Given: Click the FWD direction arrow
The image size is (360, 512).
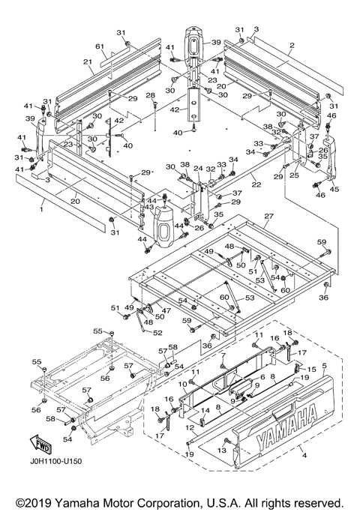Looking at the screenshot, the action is tap(40, 445).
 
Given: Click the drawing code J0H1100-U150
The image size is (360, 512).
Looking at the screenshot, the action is tap(55, 461).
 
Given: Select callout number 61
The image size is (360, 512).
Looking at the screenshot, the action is tap(100, 47).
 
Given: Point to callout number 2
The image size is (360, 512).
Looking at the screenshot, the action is tap(292, 46).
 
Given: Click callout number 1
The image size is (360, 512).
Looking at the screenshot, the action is tap(41, 209).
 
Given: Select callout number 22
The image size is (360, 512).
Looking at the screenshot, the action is tap(256, 185).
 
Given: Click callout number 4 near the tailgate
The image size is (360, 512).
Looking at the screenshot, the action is tap(304, 456).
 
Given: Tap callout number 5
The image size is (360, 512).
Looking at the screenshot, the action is tap(324, 365).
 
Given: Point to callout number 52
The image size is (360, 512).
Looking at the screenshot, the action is tap(157, 333).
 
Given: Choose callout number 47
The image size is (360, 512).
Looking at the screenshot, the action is tap(166, 310).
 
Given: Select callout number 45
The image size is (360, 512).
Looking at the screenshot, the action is tap(334, 190).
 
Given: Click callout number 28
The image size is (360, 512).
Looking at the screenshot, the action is tap(151, 95).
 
